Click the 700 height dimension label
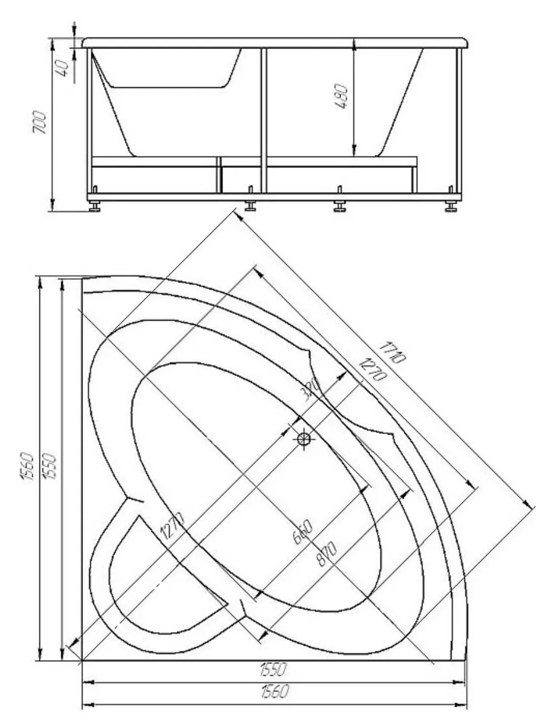40,122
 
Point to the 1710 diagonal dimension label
392,353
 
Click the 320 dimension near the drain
310,389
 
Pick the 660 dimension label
304,532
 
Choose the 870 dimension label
327,554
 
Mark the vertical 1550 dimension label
51,467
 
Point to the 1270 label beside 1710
372,370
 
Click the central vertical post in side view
264,120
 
